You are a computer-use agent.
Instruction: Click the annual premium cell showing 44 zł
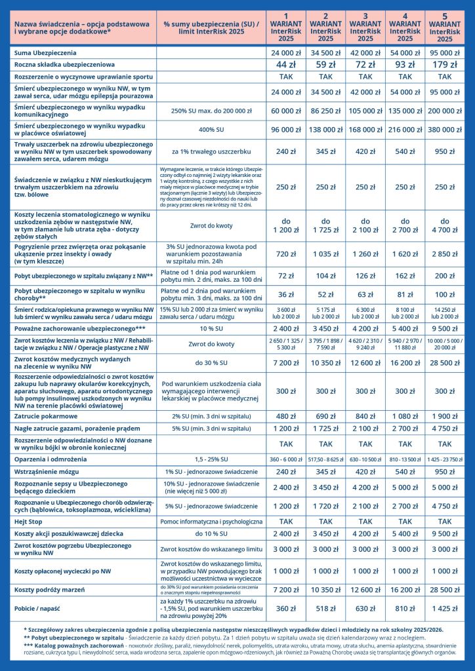coord(286,64)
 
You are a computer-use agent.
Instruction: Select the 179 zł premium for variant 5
coord(445,64)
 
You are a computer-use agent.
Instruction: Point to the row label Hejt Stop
coord(30,522)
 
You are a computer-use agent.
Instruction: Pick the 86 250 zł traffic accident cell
coord(326,111)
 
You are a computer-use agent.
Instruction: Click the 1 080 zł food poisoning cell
coord(405,416)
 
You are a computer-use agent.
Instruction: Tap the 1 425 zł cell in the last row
coord(445,608)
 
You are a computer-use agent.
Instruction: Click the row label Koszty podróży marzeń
coord(49,589)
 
